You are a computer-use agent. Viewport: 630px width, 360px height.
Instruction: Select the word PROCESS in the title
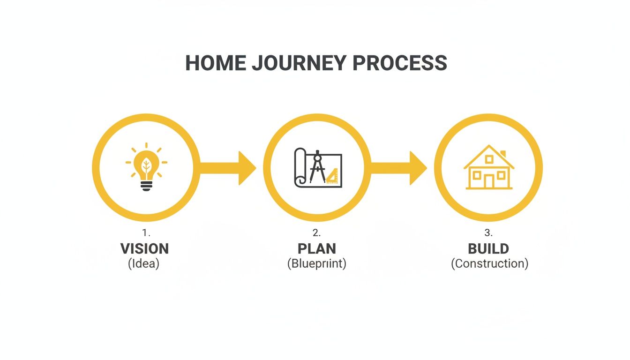coord(400,63)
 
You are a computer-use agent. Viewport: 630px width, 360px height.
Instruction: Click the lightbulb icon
coord(146,167)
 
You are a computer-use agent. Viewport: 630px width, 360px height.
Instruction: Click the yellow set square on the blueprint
coord(332,176)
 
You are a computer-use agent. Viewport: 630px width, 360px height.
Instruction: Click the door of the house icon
coord(489,181)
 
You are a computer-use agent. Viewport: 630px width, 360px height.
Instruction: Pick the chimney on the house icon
coord(503,154)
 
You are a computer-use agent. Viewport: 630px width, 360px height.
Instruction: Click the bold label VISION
coord(144,248)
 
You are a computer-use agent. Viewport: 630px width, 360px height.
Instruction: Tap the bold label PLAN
coord(317,248)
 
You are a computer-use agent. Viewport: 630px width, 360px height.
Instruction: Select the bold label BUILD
coord(488,248)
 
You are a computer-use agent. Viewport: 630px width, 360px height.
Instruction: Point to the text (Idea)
coord(144,263)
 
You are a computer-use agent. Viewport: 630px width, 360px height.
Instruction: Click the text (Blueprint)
coord(317,263)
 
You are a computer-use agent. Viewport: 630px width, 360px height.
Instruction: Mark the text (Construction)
coord(489,263)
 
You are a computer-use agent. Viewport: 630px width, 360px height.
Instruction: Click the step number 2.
coord(316,233)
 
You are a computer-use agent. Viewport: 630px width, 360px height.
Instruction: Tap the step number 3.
coord(488,233)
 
